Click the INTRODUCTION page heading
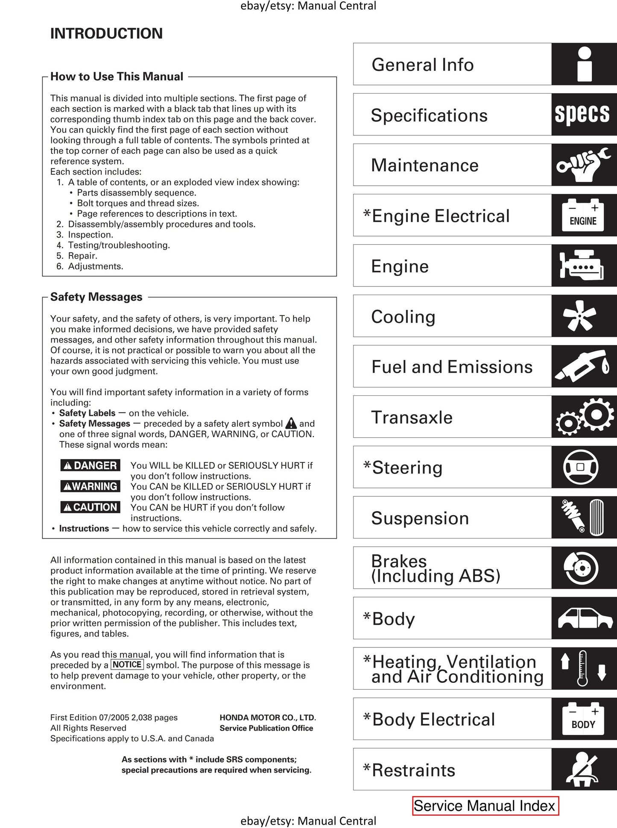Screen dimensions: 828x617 tap(106, 33)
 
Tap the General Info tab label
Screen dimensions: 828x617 tap(422, 65)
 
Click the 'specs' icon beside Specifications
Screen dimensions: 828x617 tap(582, 114)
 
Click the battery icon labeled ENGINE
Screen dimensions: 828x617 tap(583, 216)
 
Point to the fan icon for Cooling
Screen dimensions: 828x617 tap(579, 316)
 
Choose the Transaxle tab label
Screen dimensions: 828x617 tap(412, 417)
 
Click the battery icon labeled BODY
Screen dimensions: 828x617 tap(583, 719)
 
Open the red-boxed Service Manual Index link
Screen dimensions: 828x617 tap(485, 806)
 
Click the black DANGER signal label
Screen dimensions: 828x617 tap(90, 465)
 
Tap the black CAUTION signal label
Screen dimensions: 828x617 tap(90, 507)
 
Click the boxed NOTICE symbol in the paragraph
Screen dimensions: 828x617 tap(127, 664)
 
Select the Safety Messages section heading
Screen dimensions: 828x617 tap(96, 297)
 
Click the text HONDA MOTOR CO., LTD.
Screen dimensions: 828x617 tap(268, 717)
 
